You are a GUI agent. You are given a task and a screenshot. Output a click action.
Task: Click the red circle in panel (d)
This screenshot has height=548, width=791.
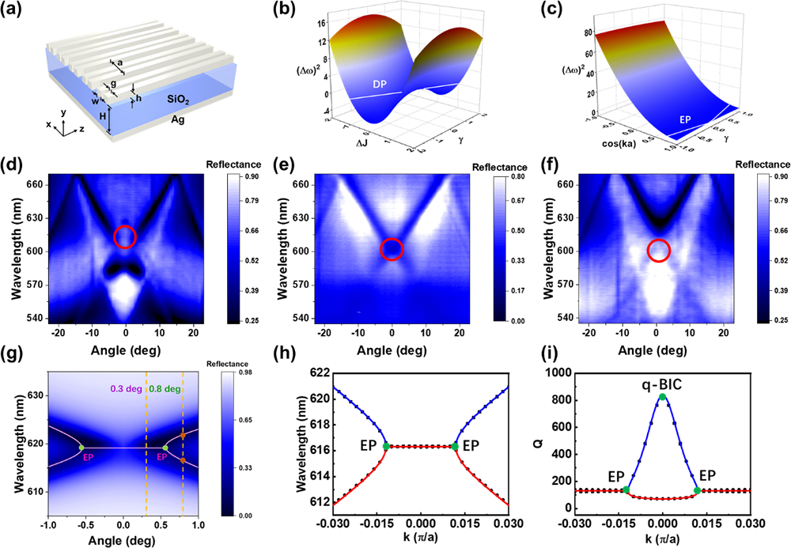pos(125,236)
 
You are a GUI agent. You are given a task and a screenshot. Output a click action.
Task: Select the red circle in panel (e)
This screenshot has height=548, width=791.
pos(392,249)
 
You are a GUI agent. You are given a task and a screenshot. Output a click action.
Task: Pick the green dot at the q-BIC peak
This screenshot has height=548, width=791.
pos(663,397)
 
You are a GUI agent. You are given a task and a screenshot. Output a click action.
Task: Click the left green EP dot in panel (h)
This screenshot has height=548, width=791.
pos(386,447)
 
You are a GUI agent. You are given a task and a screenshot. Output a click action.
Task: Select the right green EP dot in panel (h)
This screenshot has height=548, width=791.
pos(456,447)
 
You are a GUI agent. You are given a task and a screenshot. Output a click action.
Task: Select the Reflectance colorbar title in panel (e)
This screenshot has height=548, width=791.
pos(499,167)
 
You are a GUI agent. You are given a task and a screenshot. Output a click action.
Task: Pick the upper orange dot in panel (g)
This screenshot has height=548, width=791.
pos(183,435)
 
